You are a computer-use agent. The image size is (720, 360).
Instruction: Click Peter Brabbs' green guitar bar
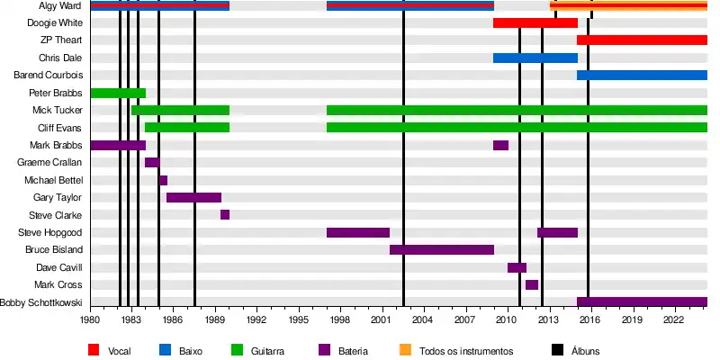click(x=118, y=93)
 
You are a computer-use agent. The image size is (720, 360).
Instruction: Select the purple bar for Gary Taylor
click(x=193, y=197)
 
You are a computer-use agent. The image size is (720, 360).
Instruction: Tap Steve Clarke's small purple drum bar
click(x=225, y=214)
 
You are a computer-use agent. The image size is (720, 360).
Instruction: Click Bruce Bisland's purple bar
click(x=441, y=249)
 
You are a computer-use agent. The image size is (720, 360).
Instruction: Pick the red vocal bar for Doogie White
click(x=535, y=22)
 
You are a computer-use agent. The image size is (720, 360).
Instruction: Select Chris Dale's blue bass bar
click(x=535, y=58)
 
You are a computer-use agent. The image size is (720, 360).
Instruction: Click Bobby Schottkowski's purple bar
click(x=642, y=301)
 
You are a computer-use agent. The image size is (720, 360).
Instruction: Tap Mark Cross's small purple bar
click(x=532, y=284)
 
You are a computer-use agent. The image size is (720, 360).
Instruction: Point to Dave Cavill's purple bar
click(x=517, y=267)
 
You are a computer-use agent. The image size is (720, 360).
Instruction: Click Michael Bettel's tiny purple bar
click(x=163, y=180)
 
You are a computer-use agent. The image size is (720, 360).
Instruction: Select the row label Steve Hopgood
click(x=56, y=232)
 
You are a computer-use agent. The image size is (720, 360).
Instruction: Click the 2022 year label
click(x=673, y=319)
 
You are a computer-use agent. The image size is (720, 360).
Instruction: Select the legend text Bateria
click(x=352, y=350)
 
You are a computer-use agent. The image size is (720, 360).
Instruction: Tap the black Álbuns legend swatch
click(x=556, y=350)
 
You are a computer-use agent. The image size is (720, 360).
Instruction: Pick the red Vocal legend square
click(x=93, y=350)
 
